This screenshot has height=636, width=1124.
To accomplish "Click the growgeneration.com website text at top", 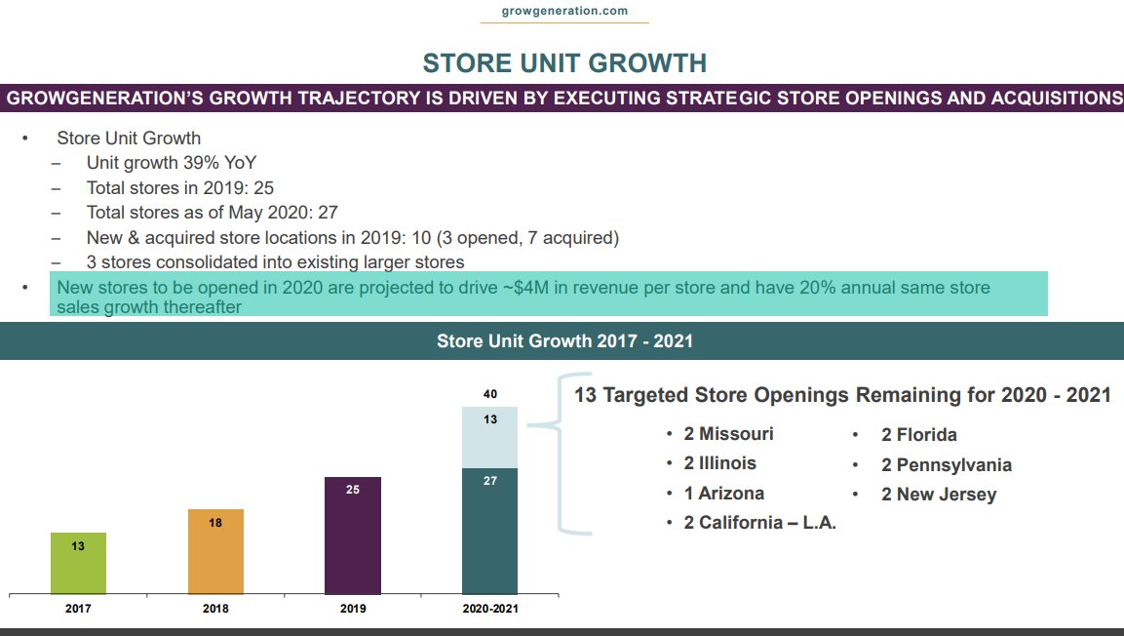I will pos(564,11).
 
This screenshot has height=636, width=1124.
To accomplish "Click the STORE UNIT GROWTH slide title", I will pos(564,63).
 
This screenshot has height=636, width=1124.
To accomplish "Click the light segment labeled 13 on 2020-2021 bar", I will pos(489,437).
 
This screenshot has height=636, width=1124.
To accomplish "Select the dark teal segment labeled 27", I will pos(489,531).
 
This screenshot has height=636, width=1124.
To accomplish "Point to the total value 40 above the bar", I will pos(489,394).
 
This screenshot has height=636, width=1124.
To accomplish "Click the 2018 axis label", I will pos(215,609).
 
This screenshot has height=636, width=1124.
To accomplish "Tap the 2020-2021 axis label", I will pos(489,609).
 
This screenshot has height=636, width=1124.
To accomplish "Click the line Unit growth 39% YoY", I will pos(171,163).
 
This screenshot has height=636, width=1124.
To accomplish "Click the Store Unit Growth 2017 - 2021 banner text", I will pos(564,341).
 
